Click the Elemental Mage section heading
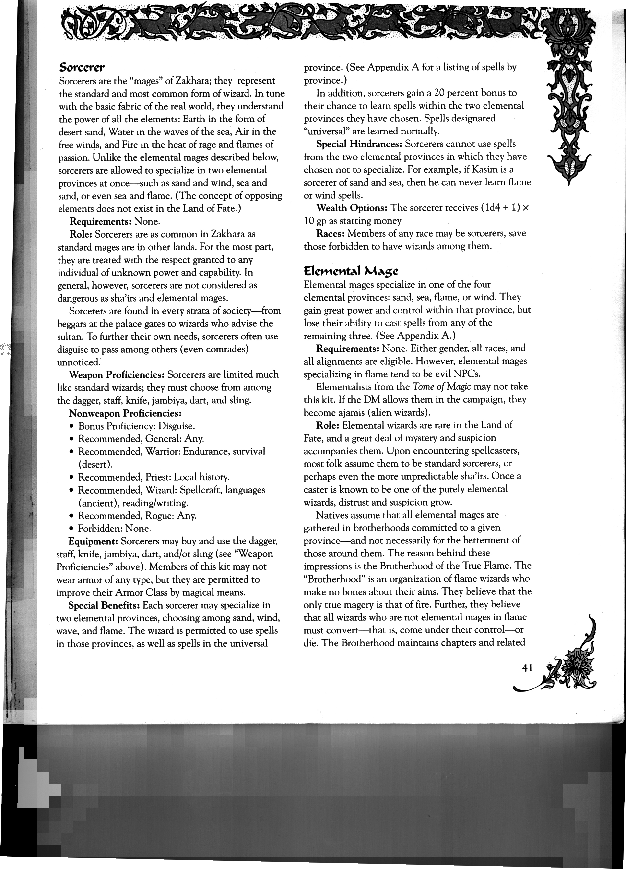pyautogui.click(x=351, y=271)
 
